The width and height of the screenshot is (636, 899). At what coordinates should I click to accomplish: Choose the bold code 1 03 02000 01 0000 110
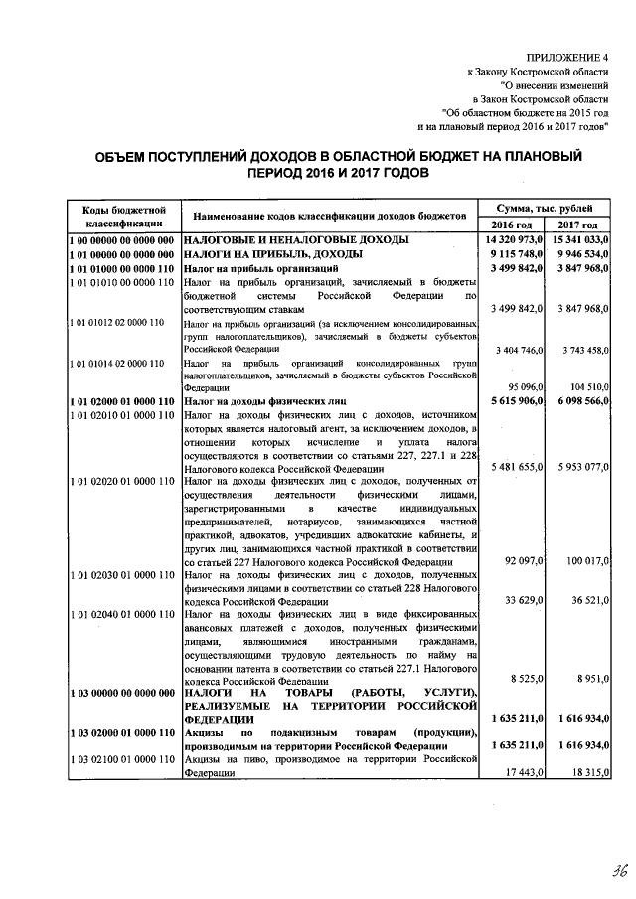pyautogui.click(x=122, y=731)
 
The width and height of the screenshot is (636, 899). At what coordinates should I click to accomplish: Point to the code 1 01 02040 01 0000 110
pyautogui.click(x=122, y=616)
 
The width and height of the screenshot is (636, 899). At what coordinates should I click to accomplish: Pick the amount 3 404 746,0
pyautogui.click(x=519, y=350)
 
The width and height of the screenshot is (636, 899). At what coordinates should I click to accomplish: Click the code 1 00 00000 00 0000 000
pyautogui.click(x=122, y=240)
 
